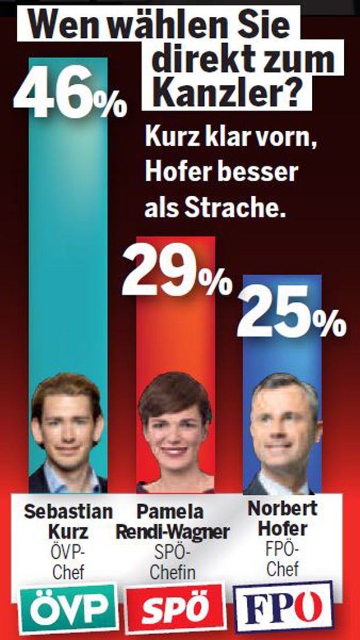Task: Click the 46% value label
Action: pyautogui.click(x=69, y=96)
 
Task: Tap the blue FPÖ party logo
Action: pyautogui.click(x=283, y=607)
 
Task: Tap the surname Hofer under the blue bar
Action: pyautogui.click(x=282, y=529)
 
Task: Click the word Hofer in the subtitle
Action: pyautogui.click(x=174, y=173)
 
